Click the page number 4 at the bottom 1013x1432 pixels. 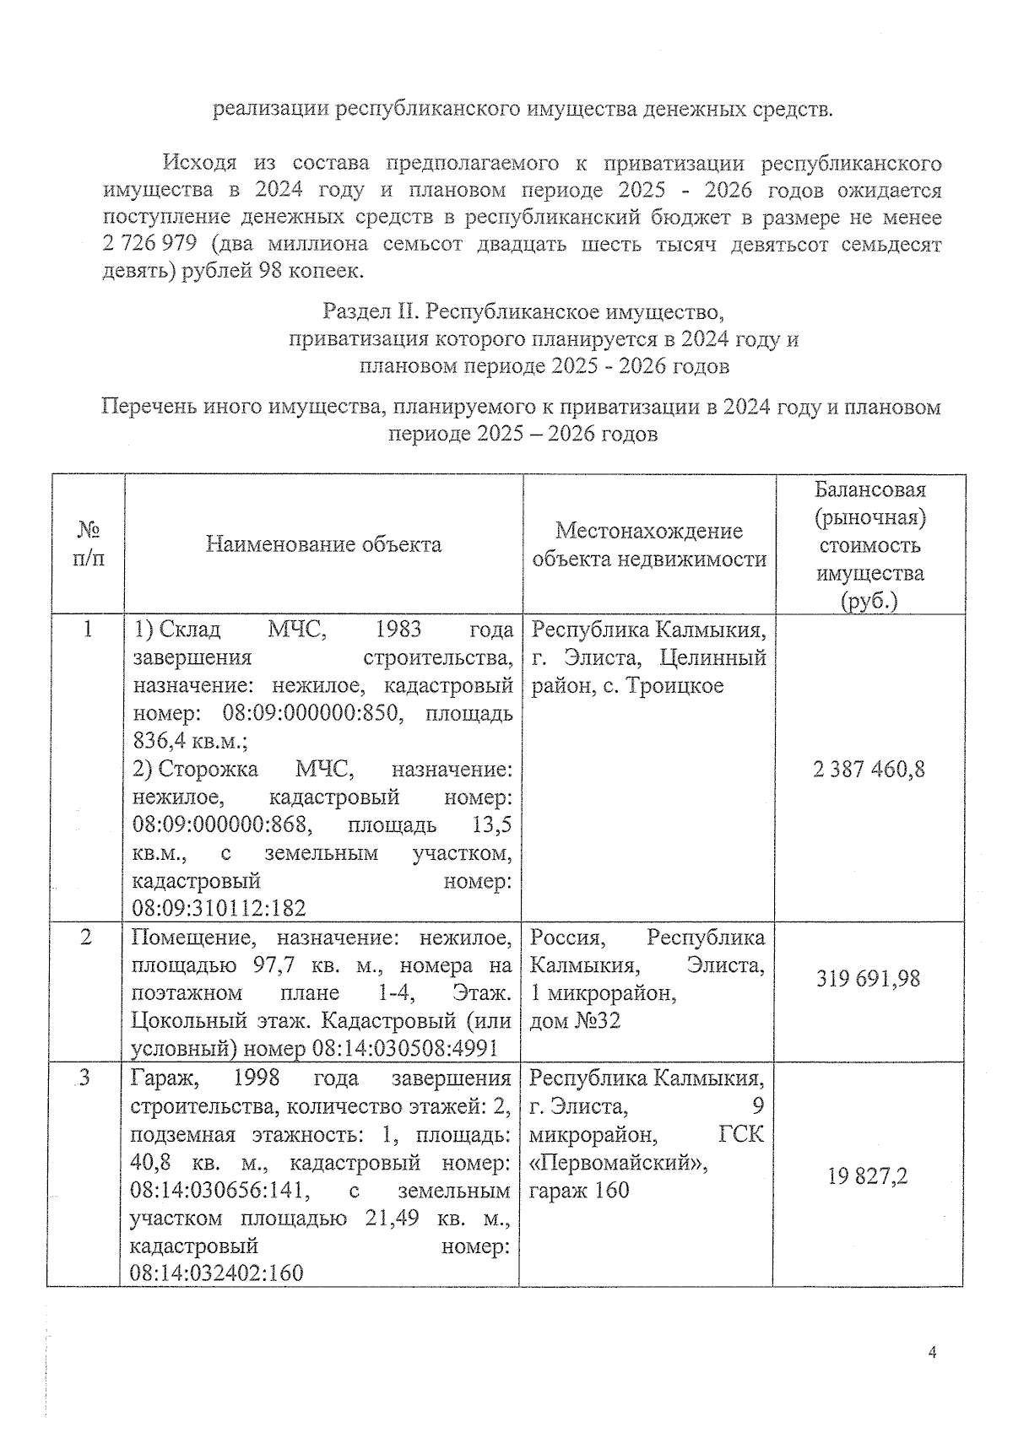[x=932, y=1352]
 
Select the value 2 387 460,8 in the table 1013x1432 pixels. [x=869, y=769]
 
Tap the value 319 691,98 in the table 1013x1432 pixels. [x=868, y=979]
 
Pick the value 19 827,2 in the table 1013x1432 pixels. [x=868, y=1176]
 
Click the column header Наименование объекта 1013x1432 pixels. [x=323, y=544]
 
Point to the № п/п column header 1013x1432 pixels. [x=89, y=544]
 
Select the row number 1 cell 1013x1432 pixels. [x=88, y=630]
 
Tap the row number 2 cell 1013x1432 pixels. [x=86, y=938]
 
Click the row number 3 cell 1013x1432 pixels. [x=84, y=1078]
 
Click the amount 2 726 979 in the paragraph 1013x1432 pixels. [x=150, y=245]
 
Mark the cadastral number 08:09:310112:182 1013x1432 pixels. [x=219, y=908]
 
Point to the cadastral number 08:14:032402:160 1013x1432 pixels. [x=216, y=1273]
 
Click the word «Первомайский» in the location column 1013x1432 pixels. [x=618, y=1163]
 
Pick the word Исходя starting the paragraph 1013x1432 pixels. [x=199, y=162]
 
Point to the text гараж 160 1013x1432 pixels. [x=579, y=1191]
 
